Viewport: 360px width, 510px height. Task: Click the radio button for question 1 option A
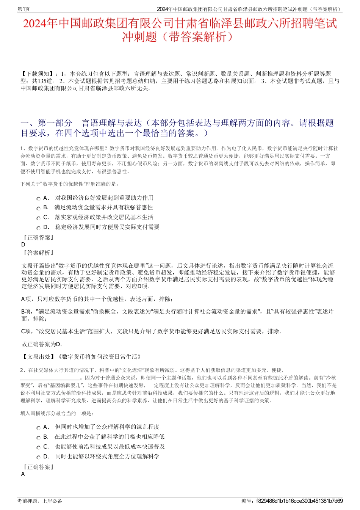pos(38,199)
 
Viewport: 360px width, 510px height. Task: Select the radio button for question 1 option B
pos(38,209)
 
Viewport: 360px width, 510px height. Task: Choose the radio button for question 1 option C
pos(38,218)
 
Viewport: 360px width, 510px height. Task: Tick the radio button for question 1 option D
pos(38,228)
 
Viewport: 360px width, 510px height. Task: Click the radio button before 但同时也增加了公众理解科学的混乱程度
pos(38,428)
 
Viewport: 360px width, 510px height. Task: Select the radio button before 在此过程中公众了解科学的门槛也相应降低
pos(38,438)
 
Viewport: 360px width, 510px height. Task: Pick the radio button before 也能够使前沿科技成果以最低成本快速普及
pos(38,447)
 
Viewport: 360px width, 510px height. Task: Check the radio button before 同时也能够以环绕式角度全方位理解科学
pos(38,457)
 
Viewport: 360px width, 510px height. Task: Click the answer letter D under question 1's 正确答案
pos(23,245)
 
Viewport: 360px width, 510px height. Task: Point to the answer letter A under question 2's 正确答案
pos(23,474)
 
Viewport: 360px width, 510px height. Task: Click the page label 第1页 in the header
pos(24,9)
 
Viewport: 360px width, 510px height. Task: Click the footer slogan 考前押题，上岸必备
pos(40,501)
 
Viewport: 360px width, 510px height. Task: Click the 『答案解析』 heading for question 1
pos(38,253)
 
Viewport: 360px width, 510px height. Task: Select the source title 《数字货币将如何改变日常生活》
pos(100,356)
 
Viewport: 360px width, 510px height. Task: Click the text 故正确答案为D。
pos(43,344)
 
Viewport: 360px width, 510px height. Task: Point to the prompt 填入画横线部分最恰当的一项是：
pos(57,413)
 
